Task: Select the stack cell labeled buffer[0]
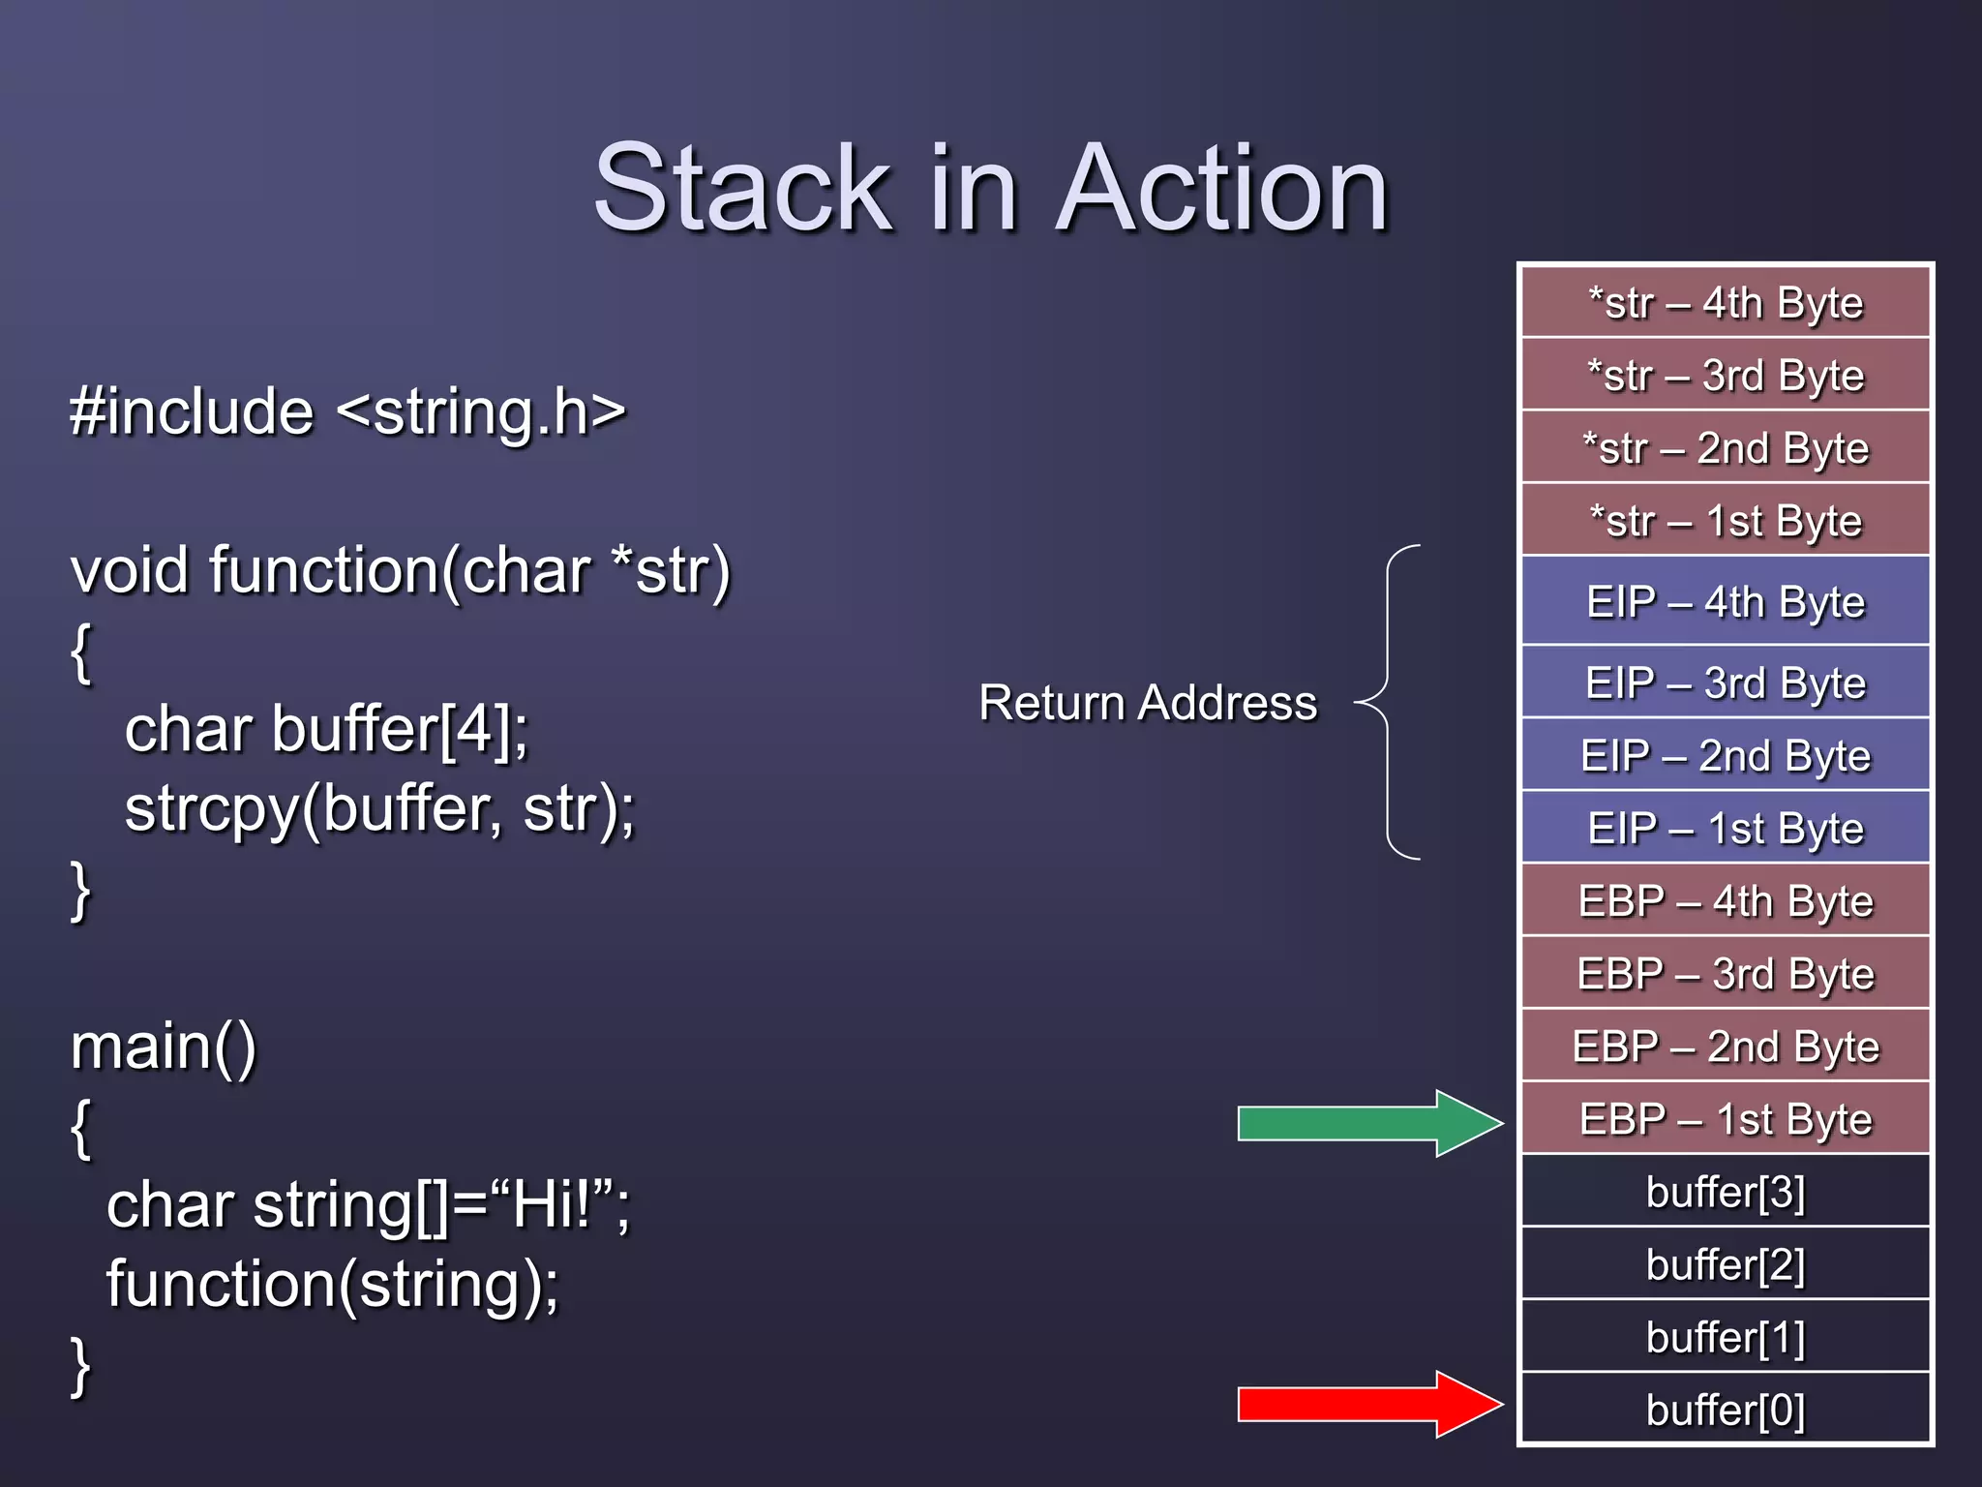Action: click(x=1726, y=1410)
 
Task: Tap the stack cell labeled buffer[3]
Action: click(x=1726, y=1192)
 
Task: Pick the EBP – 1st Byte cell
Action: click(x=1726, y=1119)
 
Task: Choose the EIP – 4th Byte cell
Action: click(x=1726, y=601)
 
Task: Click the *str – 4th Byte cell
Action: click(x=1726, y=302)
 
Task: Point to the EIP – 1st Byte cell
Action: click(x=1726, y=828)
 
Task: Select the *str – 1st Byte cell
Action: click(x=1726, y=521)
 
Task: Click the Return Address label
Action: click(x=1148, y=703)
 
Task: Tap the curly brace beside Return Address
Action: click(x=1390, y=702)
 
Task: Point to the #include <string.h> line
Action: click(x=348, y=411)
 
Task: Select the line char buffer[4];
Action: click(x=327, y=728)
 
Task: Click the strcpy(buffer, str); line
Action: click(x=379, y=808)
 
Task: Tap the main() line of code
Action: click(x=164, y=1047)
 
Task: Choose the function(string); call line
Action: click(x=332, y=1284)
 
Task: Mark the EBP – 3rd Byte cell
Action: click(x=1726, y=973)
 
